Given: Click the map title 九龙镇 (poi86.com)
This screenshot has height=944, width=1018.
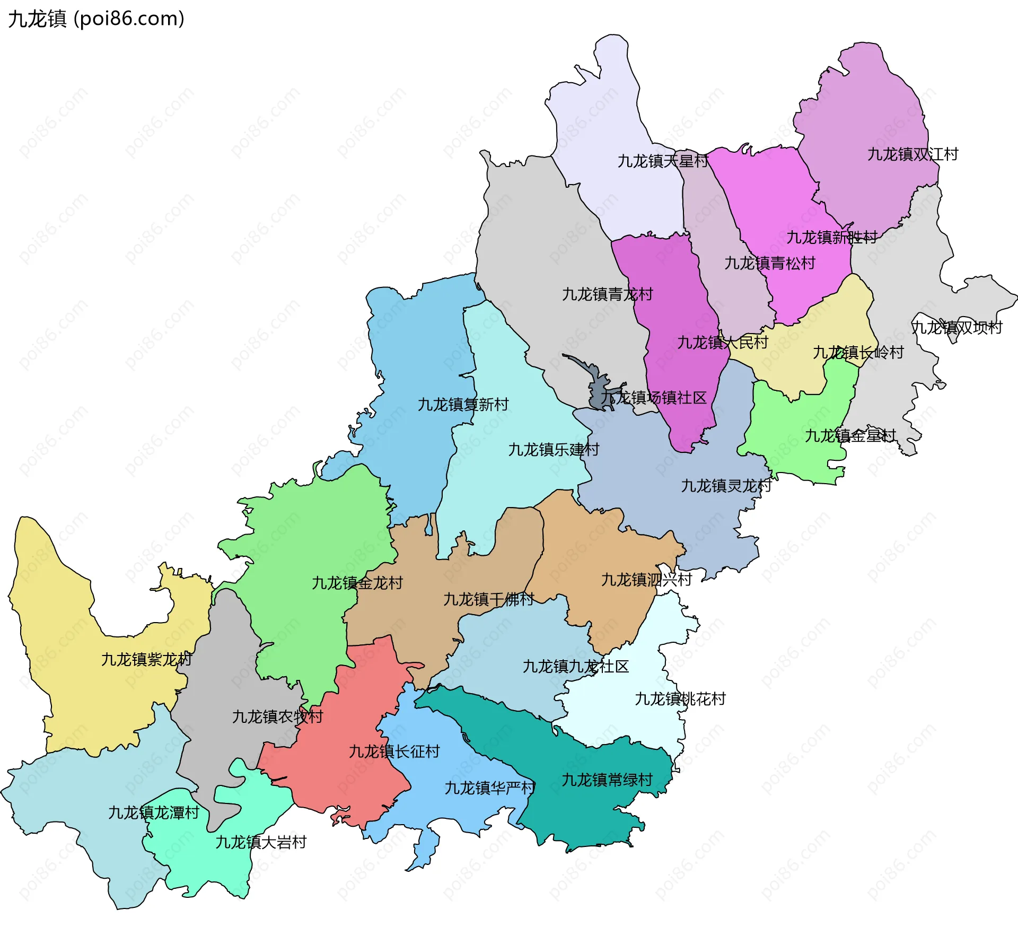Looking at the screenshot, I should pyautogui.click(x=96, y=19).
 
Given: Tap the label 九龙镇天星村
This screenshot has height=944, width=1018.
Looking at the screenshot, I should pyautogui.click(x=662, y=161).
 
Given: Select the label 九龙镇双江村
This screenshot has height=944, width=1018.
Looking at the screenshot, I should pyautogui.click(x=912, y=154).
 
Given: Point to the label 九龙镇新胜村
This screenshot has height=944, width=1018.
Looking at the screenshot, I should pyautogui.click(x=831, y=237).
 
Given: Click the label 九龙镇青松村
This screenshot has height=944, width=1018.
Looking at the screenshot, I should pyautogui.click(x=769, y=263).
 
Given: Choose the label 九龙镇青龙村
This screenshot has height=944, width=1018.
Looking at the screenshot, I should pyautogui.click(x=607, y=294).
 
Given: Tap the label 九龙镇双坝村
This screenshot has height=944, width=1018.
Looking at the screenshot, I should pyautogui.click(x=956, y=328).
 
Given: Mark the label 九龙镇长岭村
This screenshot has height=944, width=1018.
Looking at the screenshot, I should pyautogui.click(x=858, y=353).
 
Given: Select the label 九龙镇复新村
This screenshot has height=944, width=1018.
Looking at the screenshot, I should pyautogui.click(x=463, y=405).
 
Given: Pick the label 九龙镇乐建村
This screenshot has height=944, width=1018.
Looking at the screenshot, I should pyautogui.click(x=554, y=450).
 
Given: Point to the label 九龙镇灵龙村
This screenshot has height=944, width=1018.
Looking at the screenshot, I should pyautogui.click(x=726, y=486).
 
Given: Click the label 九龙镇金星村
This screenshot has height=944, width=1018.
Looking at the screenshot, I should pyautogui.click(x=850, y=436).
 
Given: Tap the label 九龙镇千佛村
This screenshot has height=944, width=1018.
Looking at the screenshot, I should pyautogui.click(x=488, y=600).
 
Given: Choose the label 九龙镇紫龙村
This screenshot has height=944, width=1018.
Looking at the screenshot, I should pyautogui.click(x=146, y=660).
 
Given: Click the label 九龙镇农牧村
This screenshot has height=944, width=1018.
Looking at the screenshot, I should pyautogui.click(x=277, y=717).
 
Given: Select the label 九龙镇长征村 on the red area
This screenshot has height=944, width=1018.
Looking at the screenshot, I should pyautogui.click(x=394, y=751).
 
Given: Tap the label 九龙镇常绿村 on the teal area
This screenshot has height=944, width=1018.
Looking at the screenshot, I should pyautogui.click(x=607, y=780).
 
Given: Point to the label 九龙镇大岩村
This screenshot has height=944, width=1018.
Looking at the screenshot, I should pyautogui.click(x=261, y=842).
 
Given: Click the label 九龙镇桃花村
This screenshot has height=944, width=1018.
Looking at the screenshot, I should pyautogui.click(x=680, y=699).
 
